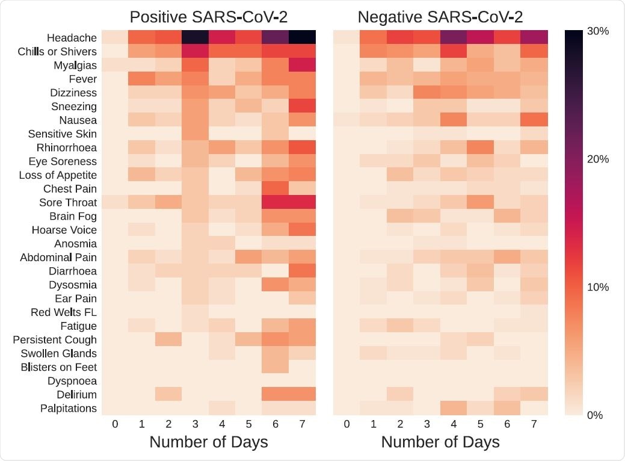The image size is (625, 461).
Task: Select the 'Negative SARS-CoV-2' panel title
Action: coord(440,16)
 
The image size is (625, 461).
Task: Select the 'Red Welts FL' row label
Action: coord(64,312)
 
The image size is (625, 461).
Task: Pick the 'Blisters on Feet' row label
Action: coord(59,367)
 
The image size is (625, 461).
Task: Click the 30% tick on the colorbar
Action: coord(598,31)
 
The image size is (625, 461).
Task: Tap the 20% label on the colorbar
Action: coord(598,159)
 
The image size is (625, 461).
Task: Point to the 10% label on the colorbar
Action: coord(598,287)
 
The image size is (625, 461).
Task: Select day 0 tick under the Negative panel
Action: coord(346,424)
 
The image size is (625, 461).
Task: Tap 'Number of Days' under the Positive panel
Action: coord(208,443)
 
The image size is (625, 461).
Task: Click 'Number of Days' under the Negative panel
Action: coord(440,443)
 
